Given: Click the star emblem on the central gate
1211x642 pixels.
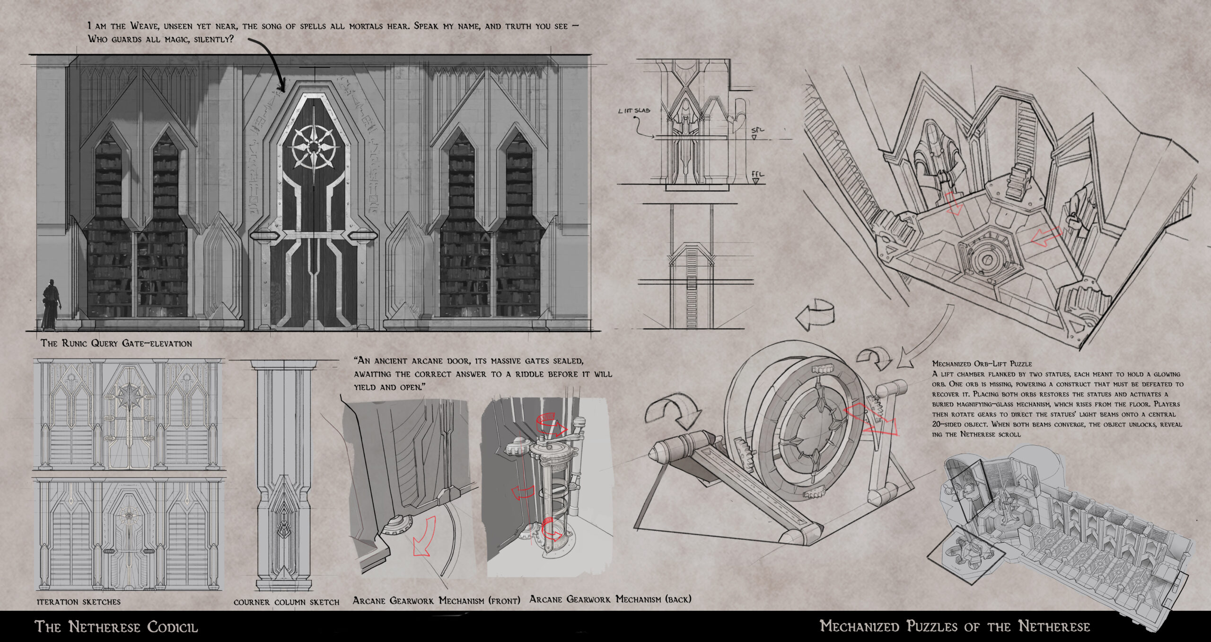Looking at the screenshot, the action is point(314,148).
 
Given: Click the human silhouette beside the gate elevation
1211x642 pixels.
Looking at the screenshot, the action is point(50,305).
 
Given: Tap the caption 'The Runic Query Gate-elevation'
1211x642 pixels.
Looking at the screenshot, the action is point(116,343).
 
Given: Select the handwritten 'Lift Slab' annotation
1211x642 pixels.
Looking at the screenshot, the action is point(634,111).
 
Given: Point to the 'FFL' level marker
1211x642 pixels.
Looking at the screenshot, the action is point(757,175).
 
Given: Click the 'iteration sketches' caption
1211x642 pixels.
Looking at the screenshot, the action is point(79,602).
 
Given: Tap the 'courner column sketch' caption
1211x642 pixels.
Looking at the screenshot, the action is point(286,602).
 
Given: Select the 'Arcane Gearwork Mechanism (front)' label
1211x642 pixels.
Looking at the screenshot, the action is point(436,601).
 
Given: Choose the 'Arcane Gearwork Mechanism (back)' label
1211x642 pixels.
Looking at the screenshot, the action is point(610,599).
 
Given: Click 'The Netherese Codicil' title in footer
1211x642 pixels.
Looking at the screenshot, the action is point(116,627).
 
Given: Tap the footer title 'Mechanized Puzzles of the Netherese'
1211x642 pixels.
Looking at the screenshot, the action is point(955,626).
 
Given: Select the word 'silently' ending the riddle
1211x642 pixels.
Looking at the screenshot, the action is point(211,40).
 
